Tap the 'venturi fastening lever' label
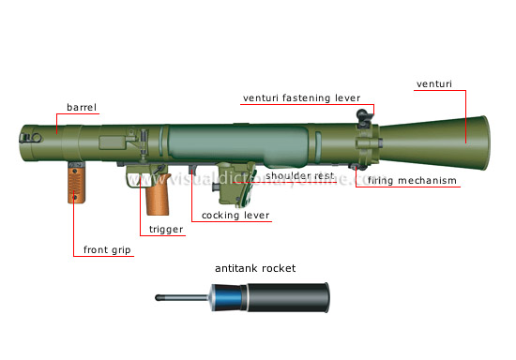click(x=301, y=97)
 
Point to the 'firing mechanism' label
click(x=412, y=180)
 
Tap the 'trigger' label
click(x=164, y=229)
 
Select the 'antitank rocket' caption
click(x=254, y=268)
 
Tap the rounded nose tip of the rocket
click(x=159, y=298)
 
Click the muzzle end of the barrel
click(x=21, y=146)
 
